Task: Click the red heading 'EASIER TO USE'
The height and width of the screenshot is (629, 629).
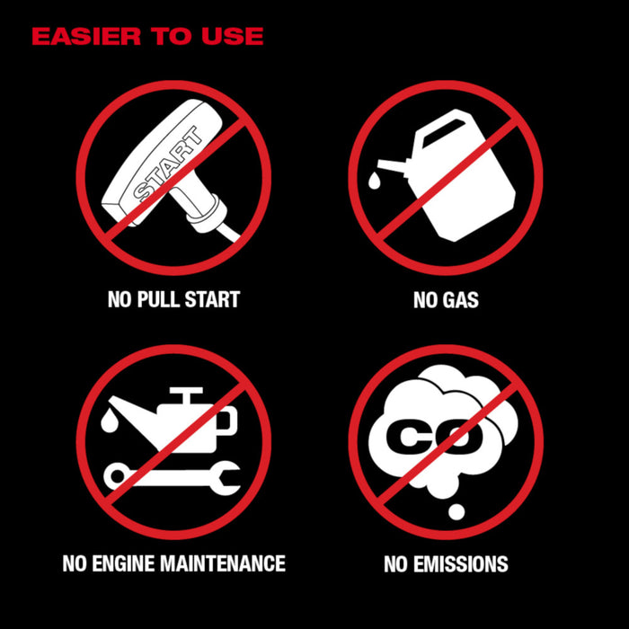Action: point(147,37)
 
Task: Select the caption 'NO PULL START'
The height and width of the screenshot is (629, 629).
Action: point(173,299)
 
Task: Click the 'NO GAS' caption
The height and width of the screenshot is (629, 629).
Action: point(446,299)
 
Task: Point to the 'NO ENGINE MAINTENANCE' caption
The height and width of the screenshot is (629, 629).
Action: point(173,563)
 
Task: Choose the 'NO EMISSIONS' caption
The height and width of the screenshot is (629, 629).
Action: point(446,564)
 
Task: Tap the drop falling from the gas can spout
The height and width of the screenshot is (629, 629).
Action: point(373,182)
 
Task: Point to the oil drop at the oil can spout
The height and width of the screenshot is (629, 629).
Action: point(109,418)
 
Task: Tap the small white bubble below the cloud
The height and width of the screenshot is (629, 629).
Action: point(456,511)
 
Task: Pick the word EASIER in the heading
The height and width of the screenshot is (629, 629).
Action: point(71,37)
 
